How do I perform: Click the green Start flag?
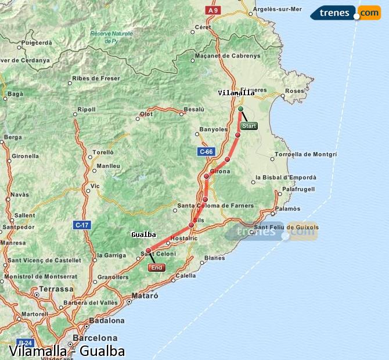[248, 126]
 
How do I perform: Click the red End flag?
[156, 268]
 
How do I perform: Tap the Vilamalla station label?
[236, 93]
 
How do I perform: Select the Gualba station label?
[143, 235]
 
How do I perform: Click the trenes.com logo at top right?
[345, 13]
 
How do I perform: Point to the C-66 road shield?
[206, 152]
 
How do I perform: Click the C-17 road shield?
[82, 224]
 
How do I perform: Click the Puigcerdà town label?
[37, 43]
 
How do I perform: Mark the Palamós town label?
[288, 208]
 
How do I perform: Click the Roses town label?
[295, 91]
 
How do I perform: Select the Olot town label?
[146, 114]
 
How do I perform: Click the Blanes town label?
[215, 258]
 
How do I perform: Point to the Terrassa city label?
[56, 289]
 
